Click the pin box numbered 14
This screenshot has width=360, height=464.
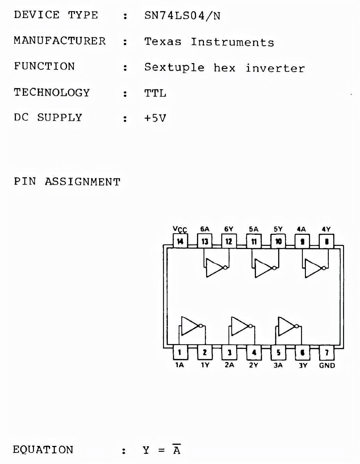[x=180, y=241]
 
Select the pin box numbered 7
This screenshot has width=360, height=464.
[x=327, y=353]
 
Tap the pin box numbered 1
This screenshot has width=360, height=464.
[x=180, y=353]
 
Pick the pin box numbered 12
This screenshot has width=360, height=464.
[x=229, y=241]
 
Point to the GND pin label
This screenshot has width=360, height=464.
[x=327, y=366]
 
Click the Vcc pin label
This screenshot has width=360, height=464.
[x=180, y=229]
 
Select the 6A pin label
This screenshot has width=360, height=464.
[x=205, y=229]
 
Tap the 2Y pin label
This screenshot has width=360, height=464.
[x=254, y=365]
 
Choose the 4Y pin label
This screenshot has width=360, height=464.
[x=326, y=229]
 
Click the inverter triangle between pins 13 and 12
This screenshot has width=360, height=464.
[x=214, y=268]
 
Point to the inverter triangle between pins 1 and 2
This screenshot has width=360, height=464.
[x=189, y=326]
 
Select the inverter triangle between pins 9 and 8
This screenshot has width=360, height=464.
[x=313, y=268]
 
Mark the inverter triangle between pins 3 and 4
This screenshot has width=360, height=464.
[x=239, y=326]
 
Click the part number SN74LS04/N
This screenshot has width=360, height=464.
[x=182, y=16]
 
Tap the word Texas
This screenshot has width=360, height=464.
[x=163, y=42]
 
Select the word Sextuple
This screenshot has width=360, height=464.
[x=174, y=67]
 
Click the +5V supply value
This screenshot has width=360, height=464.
[x=155, y=118]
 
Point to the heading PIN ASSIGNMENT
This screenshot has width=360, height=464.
[x=67, y=182]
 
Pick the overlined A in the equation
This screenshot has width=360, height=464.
[x=177, y=450]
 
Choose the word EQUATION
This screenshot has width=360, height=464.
[x=43, y=450]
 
